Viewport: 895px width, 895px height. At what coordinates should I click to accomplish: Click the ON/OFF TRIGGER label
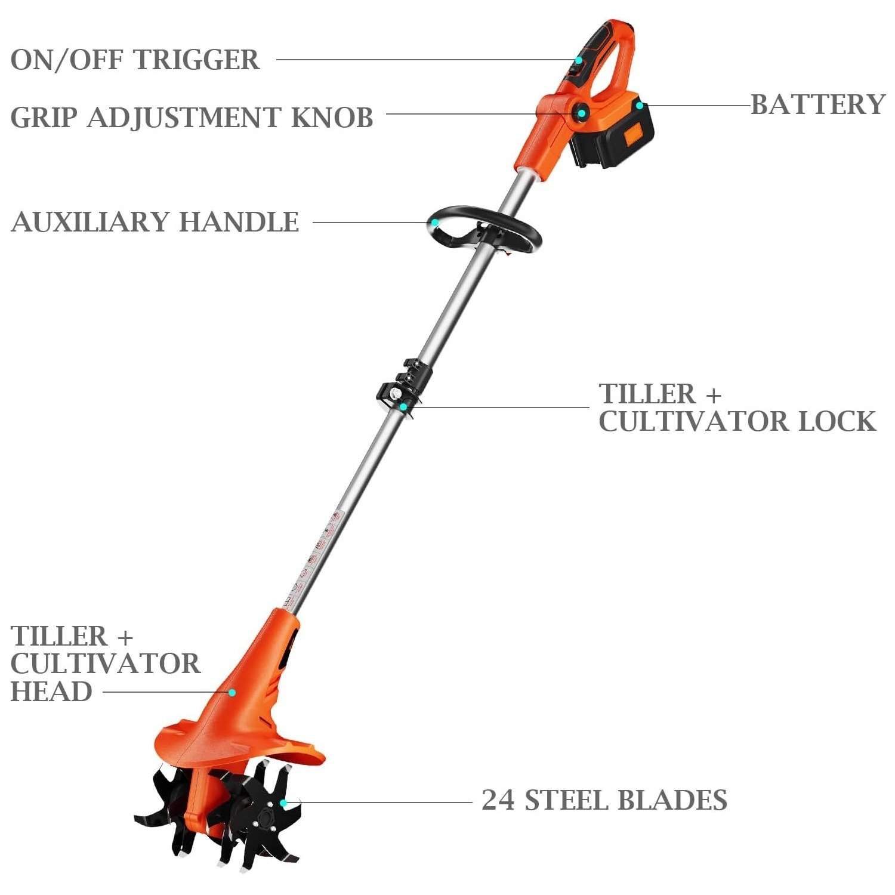[x=135, y=60]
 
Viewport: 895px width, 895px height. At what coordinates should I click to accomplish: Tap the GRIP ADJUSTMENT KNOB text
[x=192, y=117]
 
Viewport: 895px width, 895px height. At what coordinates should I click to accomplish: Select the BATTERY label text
[x=818, y=104]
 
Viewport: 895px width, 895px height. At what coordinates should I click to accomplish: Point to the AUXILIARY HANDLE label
[x=155, y=222]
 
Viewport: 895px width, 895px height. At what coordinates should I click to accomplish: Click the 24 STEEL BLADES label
[x=604, y=800]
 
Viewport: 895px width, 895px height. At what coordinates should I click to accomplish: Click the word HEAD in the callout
[x=51, y=692]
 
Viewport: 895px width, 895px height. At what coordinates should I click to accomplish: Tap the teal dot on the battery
[x=639, y=106]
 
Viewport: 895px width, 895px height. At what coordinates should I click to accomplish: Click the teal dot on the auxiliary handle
[x=436, y=223]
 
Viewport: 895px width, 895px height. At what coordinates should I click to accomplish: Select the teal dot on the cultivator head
[x=233, y=692]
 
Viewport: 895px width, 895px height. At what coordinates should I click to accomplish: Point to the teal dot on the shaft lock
[x=404, y=407]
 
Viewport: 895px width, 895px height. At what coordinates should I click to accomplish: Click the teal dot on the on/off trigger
[x=578, y=60]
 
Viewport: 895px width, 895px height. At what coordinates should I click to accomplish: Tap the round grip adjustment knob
[x=579, y=112]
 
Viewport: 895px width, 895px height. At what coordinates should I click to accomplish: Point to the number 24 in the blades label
[x=497, y=800]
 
